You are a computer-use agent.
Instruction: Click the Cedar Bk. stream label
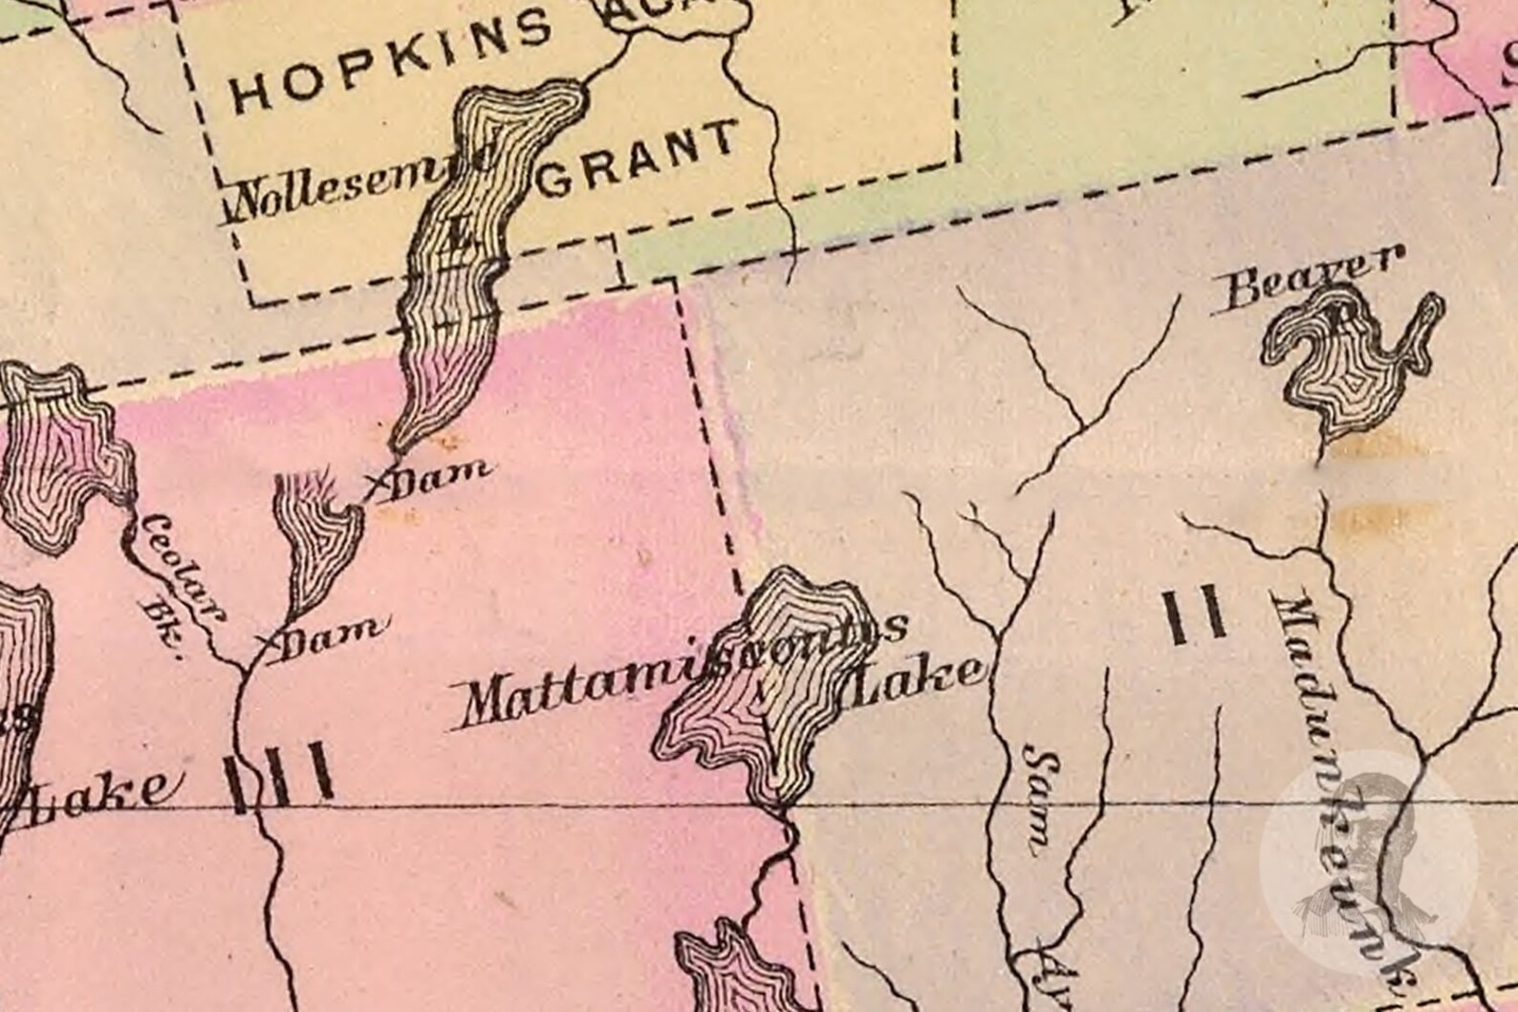177,583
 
